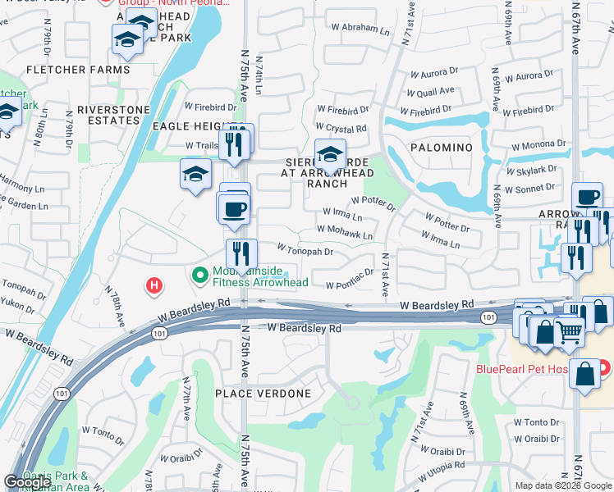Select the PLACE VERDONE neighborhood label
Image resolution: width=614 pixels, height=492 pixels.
263,394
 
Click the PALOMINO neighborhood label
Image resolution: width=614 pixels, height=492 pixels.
444,148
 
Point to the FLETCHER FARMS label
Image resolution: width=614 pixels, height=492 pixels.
78,70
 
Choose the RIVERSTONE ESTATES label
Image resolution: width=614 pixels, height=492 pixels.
114,115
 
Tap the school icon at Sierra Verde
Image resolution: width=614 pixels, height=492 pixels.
330,153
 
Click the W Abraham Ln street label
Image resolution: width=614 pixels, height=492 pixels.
360,29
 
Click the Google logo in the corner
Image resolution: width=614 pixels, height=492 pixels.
27,482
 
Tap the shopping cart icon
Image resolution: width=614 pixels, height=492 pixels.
568,330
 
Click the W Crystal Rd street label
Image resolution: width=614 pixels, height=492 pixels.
340,129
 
